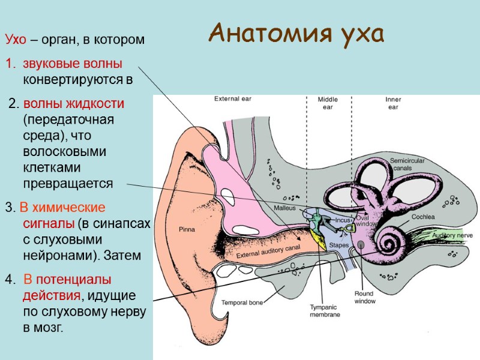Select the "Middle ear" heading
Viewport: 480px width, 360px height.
pyautogui.click(x=328, y=103)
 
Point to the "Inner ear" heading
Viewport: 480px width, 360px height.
pyautogui.click(x=393, y=103)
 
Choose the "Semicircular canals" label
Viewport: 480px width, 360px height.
pyautogui.click(x=407, y=164)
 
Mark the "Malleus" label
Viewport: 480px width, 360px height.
pyautogui.click(x=286, y=208)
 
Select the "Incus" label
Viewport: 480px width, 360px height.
pyautogui.click(x=343, y=220)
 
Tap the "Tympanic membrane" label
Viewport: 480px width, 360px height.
pyautogui.click(x=325, y=311)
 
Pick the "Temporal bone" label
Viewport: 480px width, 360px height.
pyautogui.click(x=242, y=302)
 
